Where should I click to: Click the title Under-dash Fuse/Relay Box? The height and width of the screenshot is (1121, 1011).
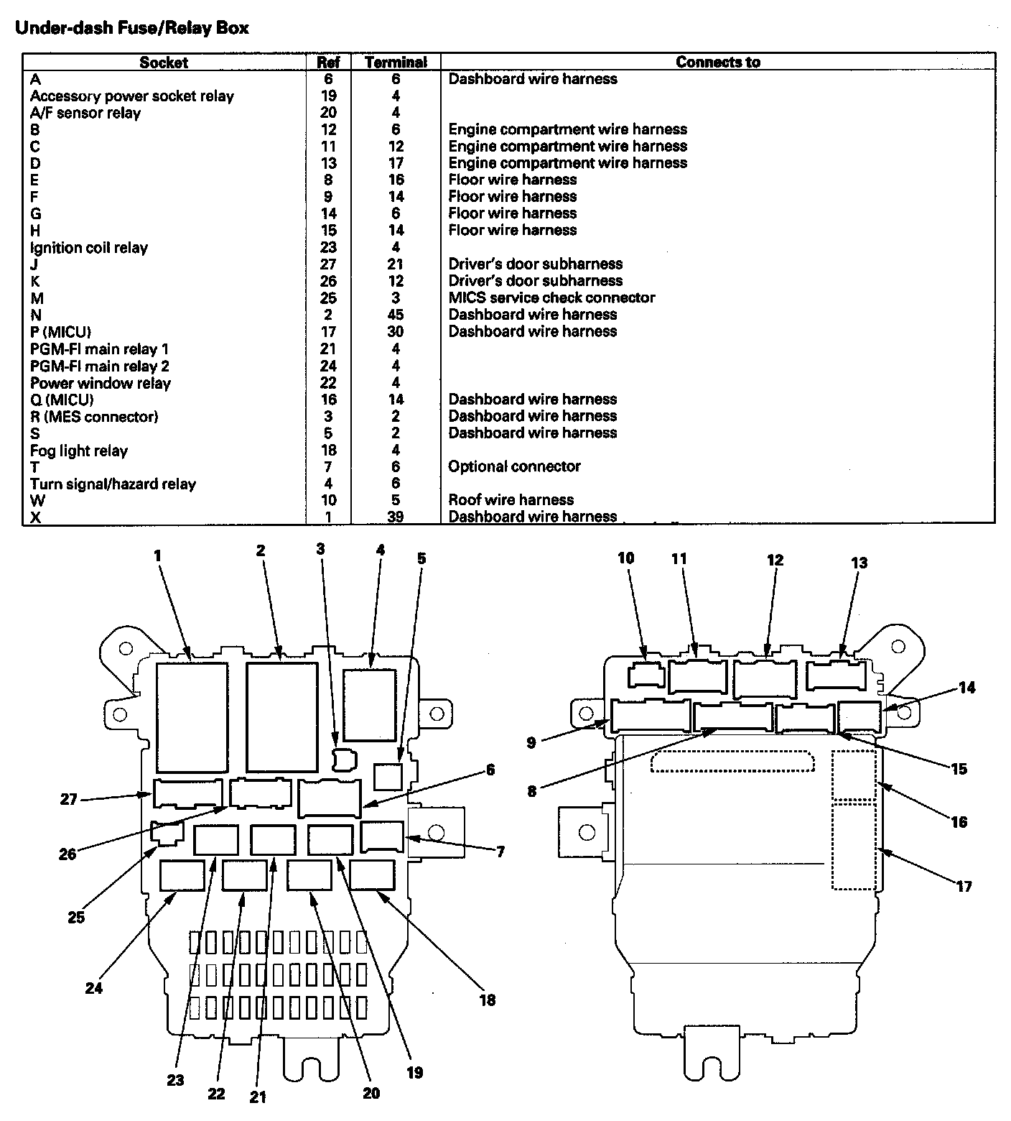click(x=132, y=28)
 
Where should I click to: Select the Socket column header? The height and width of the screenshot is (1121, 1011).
click(x=164, y=63)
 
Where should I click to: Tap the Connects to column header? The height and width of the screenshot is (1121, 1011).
click(x=717, y=63)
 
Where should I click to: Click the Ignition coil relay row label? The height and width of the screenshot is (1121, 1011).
click(x=89, y=248)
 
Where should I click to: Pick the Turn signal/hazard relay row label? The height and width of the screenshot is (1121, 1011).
click(x=113, y=484)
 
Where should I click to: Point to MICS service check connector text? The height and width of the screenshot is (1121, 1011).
click(x=551, y=297)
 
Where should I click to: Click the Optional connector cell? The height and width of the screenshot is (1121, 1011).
click(x=514, y=466)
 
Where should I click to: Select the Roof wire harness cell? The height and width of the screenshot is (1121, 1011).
click(x=511, y=500)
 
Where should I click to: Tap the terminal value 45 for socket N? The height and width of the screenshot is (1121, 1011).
click(x=395, y=315)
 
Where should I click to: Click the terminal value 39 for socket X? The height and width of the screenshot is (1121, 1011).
click(x=395, y=517)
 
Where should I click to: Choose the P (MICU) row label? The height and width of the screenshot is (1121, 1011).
click(x=60, y=332)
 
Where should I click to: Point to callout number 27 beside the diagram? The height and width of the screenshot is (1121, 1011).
click(x=68, y=799)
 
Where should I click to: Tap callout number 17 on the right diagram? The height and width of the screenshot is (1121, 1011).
click(x=964, y=886)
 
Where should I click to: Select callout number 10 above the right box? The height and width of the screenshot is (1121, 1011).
click(x=625, y=558)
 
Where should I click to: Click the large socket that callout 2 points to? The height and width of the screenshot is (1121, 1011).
click(x=282, y=716)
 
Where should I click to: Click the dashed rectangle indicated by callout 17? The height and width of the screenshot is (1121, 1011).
click(x=854, y=846)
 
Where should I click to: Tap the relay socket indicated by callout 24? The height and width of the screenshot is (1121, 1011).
click(x=182, y=875)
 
